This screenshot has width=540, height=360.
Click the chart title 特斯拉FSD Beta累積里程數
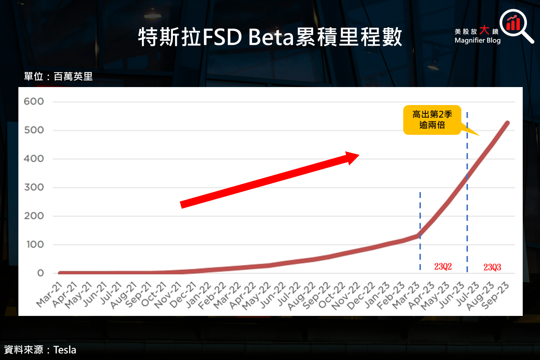coord(270,37)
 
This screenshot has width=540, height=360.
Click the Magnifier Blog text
coord(477,40)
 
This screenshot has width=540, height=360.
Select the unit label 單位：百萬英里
coord(58,76)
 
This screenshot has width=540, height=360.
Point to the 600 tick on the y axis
coord(34,101)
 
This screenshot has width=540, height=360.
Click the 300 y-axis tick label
coord(34,187)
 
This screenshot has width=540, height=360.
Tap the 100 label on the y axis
coord(35,245)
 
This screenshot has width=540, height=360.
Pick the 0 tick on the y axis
coord(40,273)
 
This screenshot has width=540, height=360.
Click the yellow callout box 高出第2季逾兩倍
coord(432,120)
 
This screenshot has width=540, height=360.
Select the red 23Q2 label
coord(443,266)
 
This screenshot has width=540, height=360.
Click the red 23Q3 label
coord(492,267)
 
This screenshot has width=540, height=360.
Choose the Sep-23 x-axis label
coord(495,295)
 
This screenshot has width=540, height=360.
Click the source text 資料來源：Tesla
coord(40,350)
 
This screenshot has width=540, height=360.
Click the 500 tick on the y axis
coord(34,130)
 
